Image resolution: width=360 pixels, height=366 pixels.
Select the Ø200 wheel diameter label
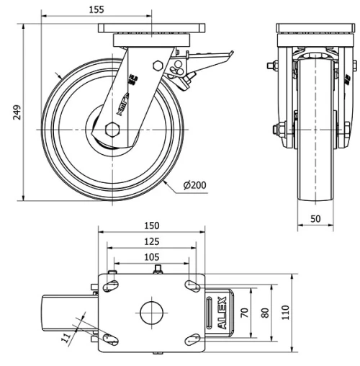point(195,185)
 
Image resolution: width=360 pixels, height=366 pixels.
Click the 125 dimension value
point(150,243)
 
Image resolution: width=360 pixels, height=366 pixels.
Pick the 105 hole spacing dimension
point(150,257)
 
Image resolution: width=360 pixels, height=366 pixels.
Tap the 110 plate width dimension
point(286,313)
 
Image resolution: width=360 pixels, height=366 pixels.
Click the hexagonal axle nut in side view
point(111,130)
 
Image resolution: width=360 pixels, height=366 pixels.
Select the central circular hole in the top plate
point(151,313)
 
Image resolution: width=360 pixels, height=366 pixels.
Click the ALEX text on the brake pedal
point(221,313)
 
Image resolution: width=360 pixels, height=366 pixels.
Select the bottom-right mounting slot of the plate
point(191,339)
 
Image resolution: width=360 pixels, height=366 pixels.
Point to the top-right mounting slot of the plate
point(192,286)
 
